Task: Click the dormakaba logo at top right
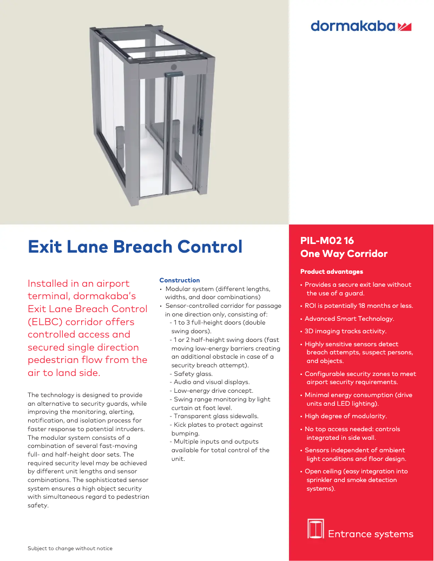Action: point(361,26)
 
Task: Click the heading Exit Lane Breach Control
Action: point(135,247)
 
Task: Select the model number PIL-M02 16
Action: point(327,241)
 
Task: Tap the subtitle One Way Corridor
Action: point(344,254)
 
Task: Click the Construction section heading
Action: point(179,280)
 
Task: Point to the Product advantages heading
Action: point(331,272)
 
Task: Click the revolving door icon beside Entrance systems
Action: point(315,529)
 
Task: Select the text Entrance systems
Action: point(370,534)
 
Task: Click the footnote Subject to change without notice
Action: point(70,549)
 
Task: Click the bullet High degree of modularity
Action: point(345,416)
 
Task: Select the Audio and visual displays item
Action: point(212,382)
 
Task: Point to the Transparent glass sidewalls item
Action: point(216,416)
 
